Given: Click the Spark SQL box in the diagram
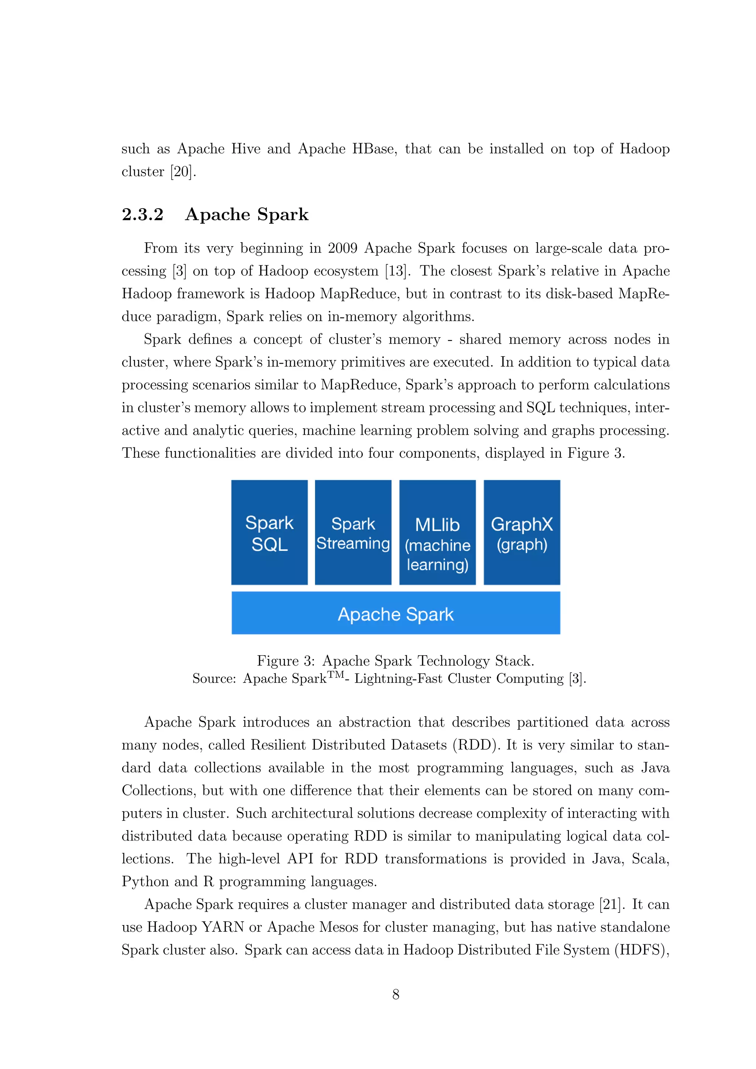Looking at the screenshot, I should pos(269,532).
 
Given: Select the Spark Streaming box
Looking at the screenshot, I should pos(353,532).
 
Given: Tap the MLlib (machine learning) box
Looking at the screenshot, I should pos(437,532).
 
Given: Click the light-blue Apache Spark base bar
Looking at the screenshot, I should pos(396,613).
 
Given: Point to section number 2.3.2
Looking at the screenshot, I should pos(142,214).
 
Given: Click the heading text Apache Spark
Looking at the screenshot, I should pos(247,214).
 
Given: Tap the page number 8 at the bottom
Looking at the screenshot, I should pos(396,994).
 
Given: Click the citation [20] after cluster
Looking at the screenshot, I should pos(182,172).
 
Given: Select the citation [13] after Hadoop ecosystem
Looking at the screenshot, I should pos(396,271).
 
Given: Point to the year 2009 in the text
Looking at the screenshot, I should pos(342,248).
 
